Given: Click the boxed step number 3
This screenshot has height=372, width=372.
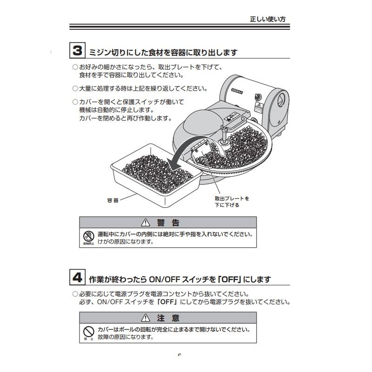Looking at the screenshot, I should pyautogui.click(x=78, y=51).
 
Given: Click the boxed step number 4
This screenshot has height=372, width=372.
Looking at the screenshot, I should pyautogui.click(x=78, y=278).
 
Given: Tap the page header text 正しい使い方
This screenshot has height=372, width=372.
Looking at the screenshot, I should pyautogui.click(x=268, y=20).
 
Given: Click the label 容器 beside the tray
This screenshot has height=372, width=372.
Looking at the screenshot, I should pyautogui.click(x=113, y=200).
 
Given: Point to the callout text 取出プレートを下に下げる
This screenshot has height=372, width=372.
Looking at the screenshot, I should pyautogui.click(x=232, y=201).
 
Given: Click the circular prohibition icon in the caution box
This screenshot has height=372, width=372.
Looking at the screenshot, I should pyautogui.click(x=88, y=332).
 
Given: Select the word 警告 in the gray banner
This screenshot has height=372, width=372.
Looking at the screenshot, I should pyautogui.click(x=168, y=223).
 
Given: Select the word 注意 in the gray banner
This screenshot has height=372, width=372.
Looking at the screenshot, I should pyautogui.click(x=168, y=318).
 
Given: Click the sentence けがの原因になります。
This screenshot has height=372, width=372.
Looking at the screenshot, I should pyautogui.click(x=125, y=242).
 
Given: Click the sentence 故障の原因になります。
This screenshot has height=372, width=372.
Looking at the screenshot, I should pyautogui.click(x=125, y=337).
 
